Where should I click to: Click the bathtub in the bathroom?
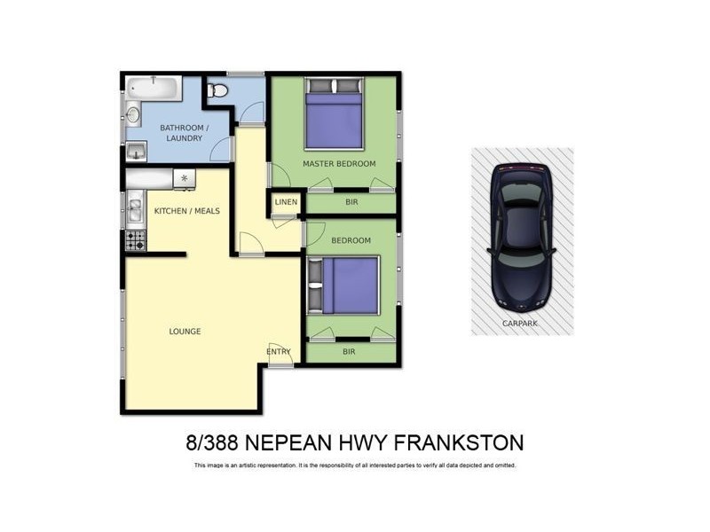click(154, 87)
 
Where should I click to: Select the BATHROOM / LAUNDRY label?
click(184, 134)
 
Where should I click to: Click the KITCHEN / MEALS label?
click(186, 211)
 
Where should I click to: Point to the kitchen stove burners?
click(135, 239)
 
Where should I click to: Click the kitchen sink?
click(135, 210)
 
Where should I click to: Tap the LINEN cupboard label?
click(286, 203)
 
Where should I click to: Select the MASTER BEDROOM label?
click(339, 164)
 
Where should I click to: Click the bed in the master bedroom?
click(334, 115)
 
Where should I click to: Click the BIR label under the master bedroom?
click(351, 202)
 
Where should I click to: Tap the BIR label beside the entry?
click(350, 352)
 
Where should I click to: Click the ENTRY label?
click(279, 352)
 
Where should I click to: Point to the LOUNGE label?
click(185, 332)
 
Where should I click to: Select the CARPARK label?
click(521, 324)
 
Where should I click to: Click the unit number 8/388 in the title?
click(210, 442)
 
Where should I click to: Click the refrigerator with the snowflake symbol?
click(184, 178)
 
